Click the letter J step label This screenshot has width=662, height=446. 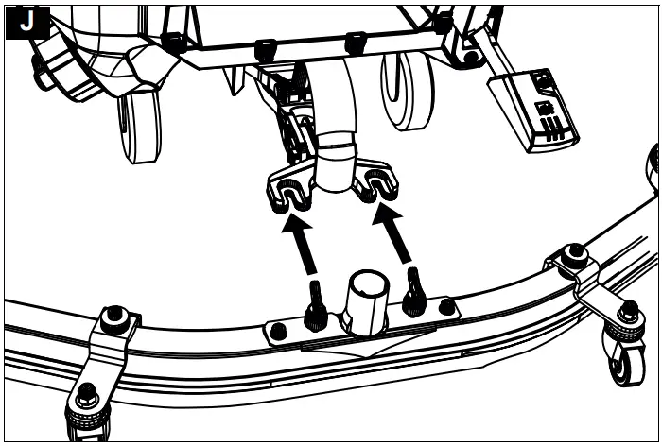tap(26, 23)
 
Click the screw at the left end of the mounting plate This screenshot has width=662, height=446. tap(279, 331)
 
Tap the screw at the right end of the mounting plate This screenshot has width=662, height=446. tap(446, 307)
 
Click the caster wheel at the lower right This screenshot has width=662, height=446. tap(625, 362)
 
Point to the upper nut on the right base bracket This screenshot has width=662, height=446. tap(572, 256)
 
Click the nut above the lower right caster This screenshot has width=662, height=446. tap(628, 312)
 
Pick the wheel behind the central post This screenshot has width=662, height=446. tap(408, 90)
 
